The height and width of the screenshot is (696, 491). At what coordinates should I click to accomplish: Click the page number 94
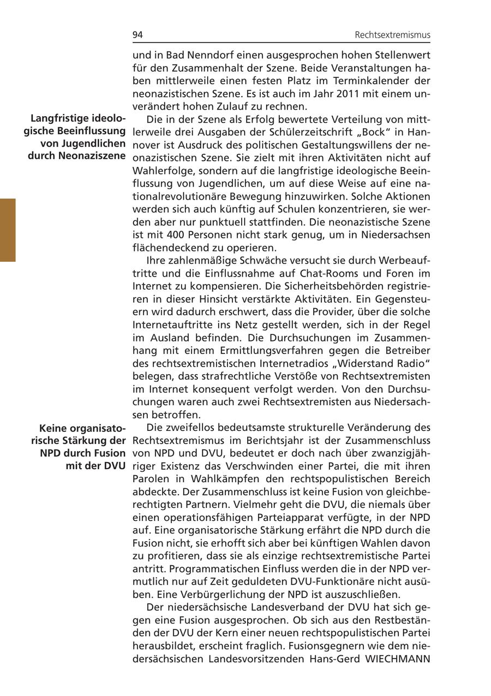[137, 35]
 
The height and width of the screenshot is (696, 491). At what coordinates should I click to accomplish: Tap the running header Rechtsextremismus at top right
[392, 35]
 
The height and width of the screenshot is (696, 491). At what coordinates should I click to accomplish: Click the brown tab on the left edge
[8, 230]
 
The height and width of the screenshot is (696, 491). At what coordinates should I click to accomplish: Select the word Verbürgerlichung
[196, 595]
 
